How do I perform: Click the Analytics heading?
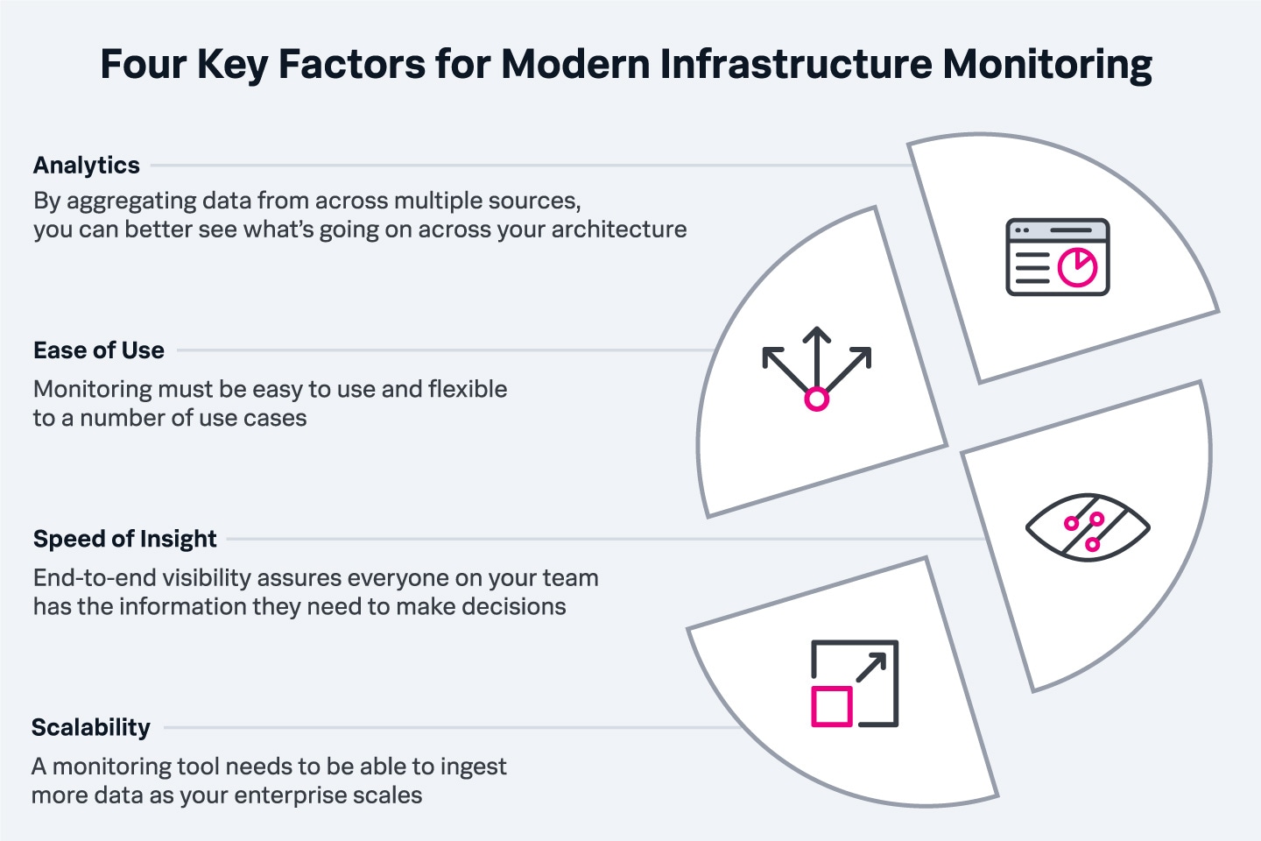click(87, 166)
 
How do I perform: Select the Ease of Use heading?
click(99, 350)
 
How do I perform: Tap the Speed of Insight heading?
click(125, 539)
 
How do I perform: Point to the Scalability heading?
click(91, 728)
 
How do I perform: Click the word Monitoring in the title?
click(1047, 65)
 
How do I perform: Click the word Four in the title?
click(143, 64)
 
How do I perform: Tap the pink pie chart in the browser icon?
click(1077, 267)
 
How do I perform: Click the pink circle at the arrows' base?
click(817, 399)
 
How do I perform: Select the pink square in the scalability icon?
click(832, 706)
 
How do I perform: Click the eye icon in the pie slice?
click(1088, 527)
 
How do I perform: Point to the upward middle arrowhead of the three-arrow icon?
click(817, 334)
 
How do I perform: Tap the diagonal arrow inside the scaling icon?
click(871, 667)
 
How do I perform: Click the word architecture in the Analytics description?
click(619, 230)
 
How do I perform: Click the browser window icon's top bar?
click(1058, 230)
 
